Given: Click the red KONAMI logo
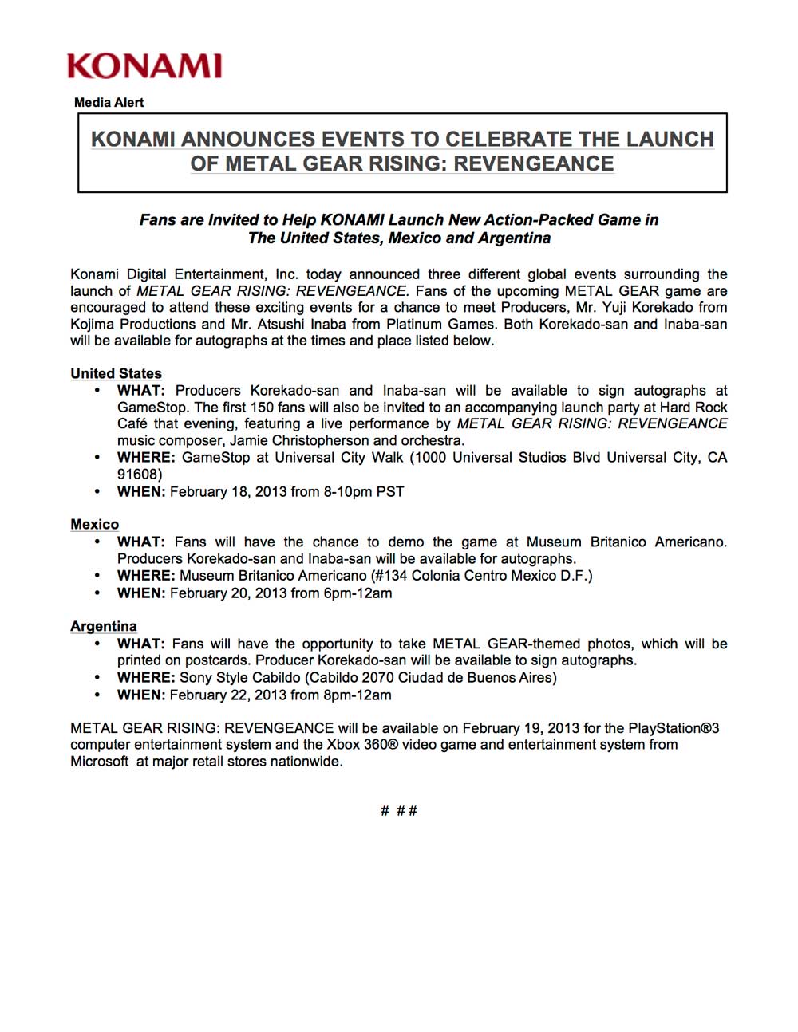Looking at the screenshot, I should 144,65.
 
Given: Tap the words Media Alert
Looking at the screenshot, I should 109,102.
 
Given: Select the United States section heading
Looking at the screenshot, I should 116,373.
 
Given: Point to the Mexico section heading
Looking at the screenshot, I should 94,524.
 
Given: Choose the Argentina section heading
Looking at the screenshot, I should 104,626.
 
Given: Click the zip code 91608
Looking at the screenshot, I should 139,474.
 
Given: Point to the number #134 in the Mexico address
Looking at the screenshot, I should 388,575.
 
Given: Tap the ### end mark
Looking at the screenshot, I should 399,810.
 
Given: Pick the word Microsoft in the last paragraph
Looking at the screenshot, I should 99,761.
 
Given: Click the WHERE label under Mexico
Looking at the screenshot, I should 145,575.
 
